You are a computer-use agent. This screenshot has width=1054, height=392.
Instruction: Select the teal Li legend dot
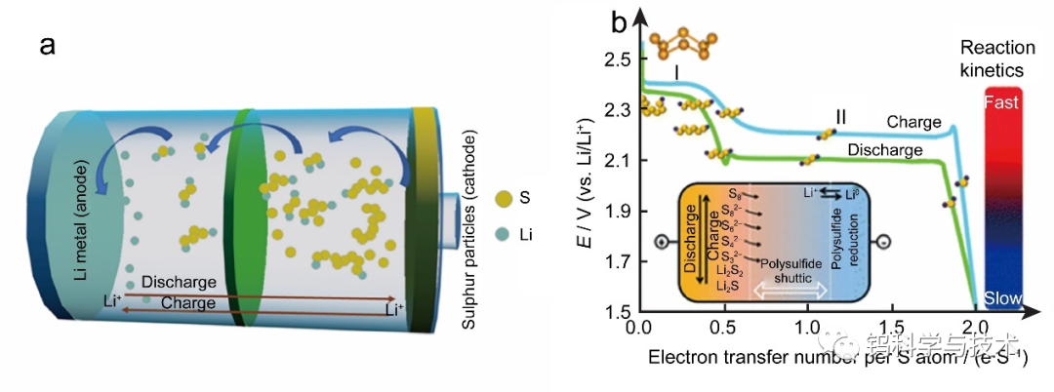(503, 234)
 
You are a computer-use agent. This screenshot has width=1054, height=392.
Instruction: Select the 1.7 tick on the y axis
(616, 261)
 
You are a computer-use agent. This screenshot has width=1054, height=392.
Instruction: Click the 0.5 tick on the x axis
(723, 324)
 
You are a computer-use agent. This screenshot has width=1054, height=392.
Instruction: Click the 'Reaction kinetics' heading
(991, 59)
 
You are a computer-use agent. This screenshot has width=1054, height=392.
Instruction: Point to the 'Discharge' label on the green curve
(885, 150)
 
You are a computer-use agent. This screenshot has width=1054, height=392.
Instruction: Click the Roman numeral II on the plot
(838, 117)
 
